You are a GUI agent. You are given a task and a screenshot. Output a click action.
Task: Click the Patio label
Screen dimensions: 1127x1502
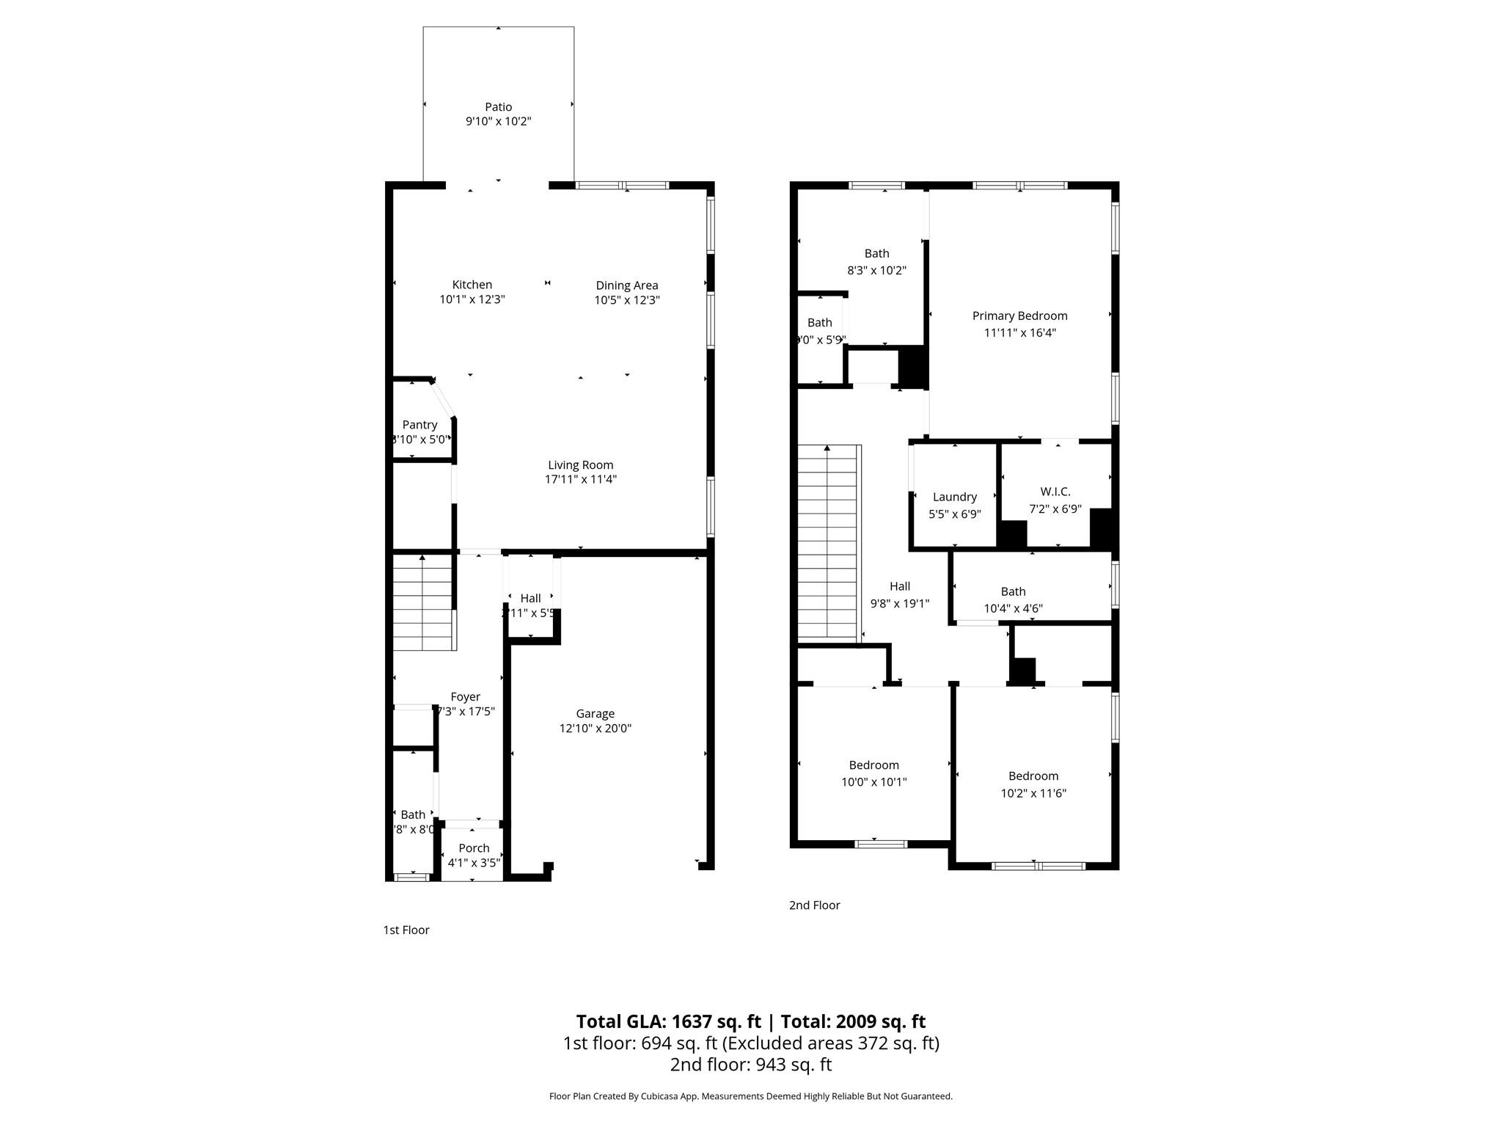tap(498, 107)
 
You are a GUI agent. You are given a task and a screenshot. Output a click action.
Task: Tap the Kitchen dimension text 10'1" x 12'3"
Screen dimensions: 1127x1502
tap(472, 299)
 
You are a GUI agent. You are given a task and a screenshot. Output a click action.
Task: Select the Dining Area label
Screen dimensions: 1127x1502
tap(626, 285)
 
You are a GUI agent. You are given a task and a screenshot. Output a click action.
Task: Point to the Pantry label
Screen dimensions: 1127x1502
tap(420, 425)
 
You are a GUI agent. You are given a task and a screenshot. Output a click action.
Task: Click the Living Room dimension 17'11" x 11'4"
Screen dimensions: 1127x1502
tap(580, 479)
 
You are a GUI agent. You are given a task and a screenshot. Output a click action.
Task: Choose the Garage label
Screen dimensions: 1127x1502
tap(595, 713)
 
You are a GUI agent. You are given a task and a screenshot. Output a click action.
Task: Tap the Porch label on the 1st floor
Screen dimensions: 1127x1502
tap(474, 848)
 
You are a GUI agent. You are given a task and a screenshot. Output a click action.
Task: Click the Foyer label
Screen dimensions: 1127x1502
tap(466, 697)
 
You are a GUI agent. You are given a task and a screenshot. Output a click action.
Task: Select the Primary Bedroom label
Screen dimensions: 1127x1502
tap(1019, 316)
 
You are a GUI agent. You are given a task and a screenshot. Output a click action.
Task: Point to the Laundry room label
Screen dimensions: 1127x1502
tap(954, 497)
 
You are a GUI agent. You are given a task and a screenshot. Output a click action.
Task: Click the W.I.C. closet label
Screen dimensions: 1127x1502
tap(1055, 492)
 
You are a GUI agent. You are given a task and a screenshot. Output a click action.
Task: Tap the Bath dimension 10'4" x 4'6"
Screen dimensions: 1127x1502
tap(1013, 608)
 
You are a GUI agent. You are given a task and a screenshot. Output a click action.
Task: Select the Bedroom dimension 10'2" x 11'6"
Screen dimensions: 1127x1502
tap(1033, 793)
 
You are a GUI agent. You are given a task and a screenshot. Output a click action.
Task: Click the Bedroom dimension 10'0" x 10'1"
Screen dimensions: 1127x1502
tap(873, 782)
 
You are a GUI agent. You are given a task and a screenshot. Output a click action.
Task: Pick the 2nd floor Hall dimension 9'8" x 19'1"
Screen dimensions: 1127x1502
tap(899, 604)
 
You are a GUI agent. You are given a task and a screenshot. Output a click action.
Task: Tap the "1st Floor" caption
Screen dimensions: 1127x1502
tap(406, 930)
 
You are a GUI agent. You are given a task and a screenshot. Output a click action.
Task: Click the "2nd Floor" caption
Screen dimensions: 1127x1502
tap(814, 905)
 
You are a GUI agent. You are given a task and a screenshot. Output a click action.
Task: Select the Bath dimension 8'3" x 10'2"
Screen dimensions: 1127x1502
tap(876, 270)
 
